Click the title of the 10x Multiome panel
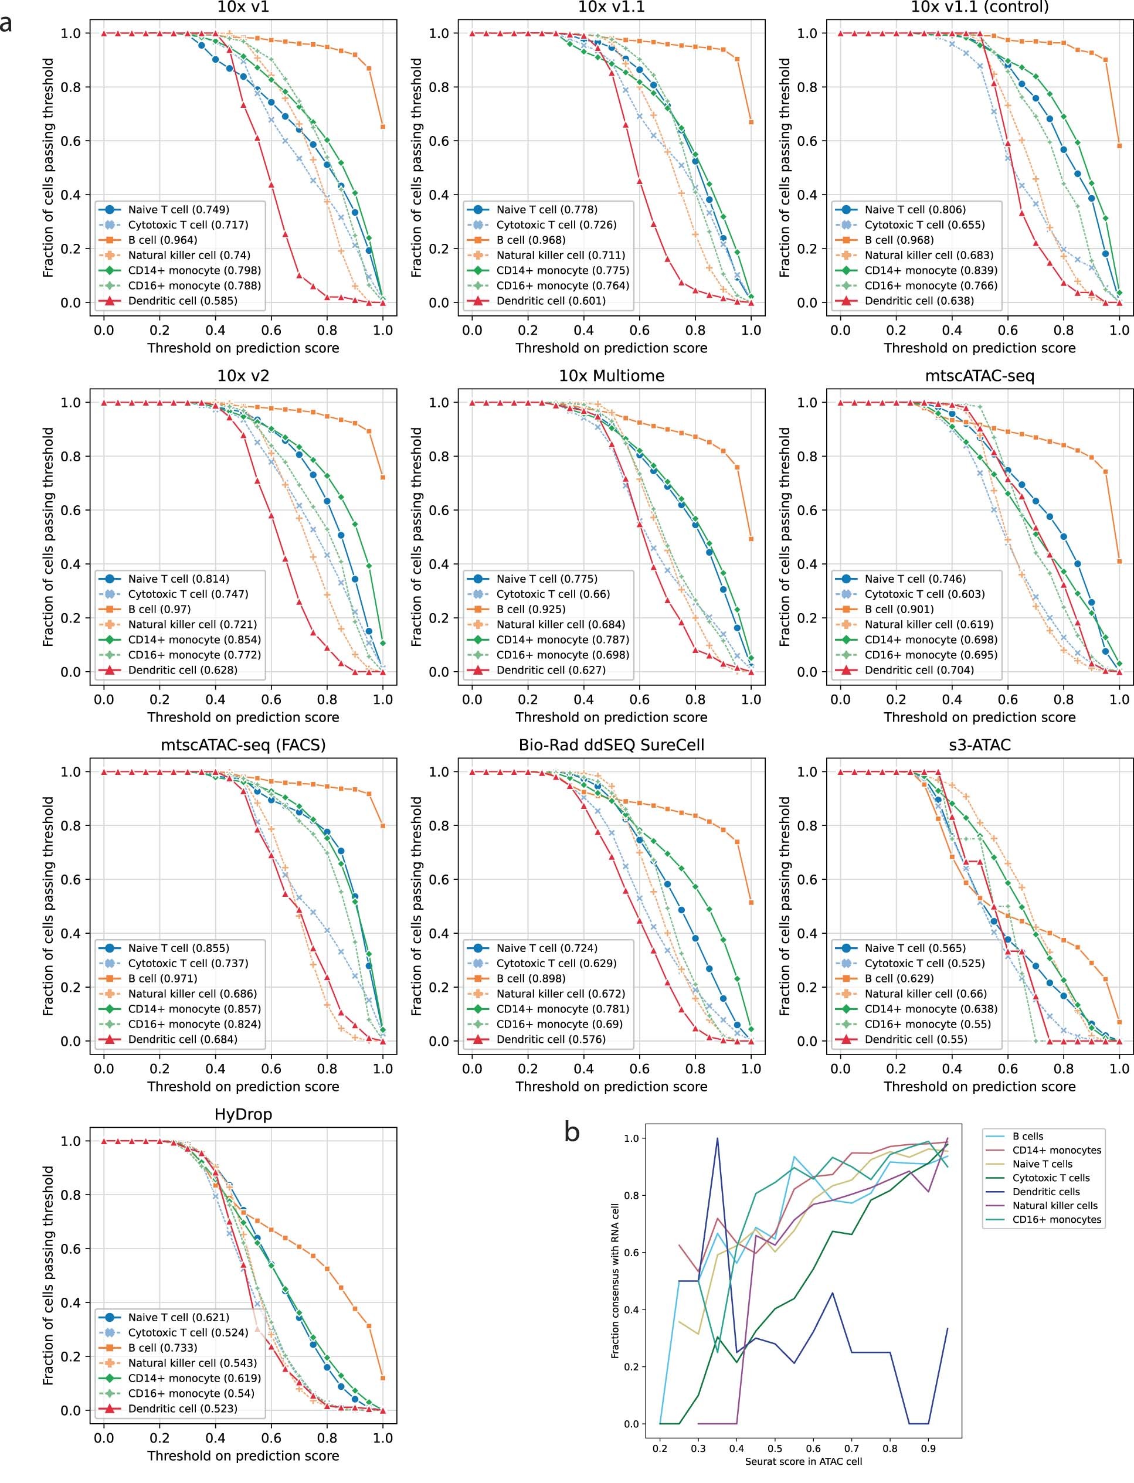611,376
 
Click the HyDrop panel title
243,1114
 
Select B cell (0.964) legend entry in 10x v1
162,240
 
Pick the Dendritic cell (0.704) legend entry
919,670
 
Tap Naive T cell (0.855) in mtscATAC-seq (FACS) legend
178,948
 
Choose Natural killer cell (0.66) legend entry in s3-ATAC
925,994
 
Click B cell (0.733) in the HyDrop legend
162,1348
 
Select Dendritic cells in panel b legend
1045,1192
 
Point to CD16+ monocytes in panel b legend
1057,1219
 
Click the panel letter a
7,23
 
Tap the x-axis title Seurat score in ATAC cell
803,1461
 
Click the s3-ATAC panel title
979,745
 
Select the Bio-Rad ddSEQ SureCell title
611,745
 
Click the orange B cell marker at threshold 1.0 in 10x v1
383,127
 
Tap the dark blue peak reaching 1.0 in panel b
718,1138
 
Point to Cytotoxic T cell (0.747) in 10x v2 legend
188,594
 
